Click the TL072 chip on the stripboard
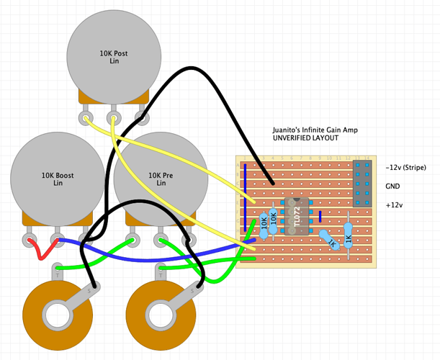coord(298,216)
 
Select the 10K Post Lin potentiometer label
coord(115,57)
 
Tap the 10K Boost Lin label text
coord(58,179)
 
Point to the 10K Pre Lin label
coord(161,179)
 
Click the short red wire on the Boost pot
coord(42,251)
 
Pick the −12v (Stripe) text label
coord(406,168)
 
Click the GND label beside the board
coord(393,186)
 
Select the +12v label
coord(395,204)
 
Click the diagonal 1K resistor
coord(329,240)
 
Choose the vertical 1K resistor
coord(349,232)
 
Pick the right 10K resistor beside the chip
coord(273,220)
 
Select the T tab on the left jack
coord(57,273)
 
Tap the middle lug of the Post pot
coord(113,117)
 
